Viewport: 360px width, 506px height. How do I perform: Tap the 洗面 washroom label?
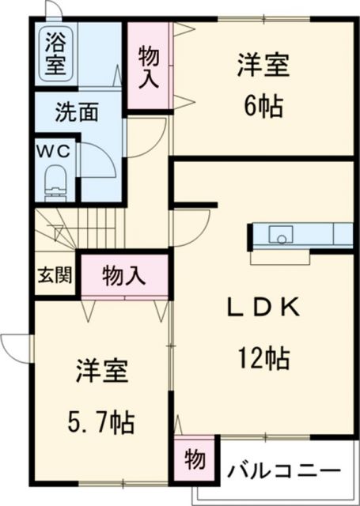click(76, 112)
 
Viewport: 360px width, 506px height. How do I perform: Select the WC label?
click(53, 150)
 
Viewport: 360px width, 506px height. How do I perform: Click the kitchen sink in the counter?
click(280, 234)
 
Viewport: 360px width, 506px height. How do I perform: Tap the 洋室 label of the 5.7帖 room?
click(102, 371)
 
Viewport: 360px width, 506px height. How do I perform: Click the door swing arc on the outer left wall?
click(16, 346)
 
